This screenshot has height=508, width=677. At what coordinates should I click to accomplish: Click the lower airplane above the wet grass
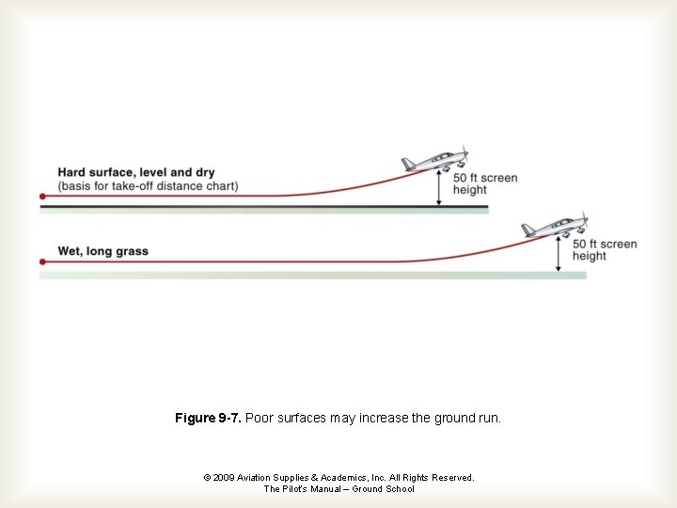(x=556, y=227)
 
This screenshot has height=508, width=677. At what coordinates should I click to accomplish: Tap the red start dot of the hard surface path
(x=42, y=197)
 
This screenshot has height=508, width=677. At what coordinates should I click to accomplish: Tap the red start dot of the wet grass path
(x=42, y=262)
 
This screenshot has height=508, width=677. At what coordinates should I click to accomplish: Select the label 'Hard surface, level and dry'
(x=136, y=172)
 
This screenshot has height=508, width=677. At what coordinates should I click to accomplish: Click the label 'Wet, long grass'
(x=102, y=251)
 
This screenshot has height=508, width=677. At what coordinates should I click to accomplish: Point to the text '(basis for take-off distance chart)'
(x=148, y=186)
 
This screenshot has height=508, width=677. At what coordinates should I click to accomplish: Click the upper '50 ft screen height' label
(x=485, y=183)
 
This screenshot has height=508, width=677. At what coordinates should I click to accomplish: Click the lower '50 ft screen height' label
(x=605, y=249)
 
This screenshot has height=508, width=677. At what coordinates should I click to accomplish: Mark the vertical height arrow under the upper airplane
(x=438, y=188)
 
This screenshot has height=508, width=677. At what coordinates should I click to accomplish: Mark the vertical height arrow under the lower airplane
(x=559, y=254)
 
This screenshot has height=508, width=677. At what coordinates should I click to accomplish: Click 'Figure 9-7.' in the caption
(x=207, y=418)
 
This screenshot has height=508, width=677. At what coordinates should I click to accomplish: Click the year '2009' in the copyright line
(x=224, y=478)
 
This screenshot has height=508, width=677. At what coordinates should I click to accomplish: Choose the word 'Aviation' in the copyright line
(x=256, y=478)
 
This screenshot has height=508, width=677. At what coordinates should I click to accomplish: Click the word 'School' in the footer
(x=400, y=489)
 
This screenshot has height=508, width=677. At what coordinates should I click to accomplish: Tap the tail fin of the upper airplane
(x=408, y=164)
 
